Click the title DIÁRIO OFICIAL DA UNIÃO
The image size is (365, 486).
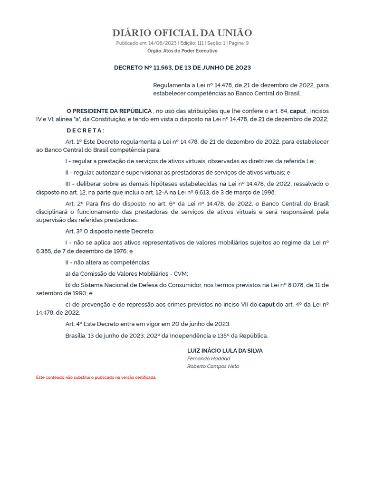coord(182,33)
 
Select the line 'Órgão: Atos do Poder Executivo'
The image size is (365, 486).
coord(182,51)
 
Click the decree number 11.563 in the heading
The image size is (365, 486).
coord(157,68)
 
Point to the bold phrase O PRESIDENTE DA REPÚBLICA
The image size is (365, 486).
coord(109,111)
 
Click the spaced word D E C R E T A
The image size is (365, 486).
coord(85,131)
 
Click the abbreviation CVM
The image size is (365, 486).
coord(181,274)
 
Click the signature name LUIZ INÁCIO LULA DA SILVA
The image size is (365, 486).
coord(225,351)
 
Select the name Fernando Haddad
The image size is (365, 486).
coord(209,359)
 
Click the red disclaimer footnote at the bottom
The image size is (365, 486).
coord(96,377)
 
